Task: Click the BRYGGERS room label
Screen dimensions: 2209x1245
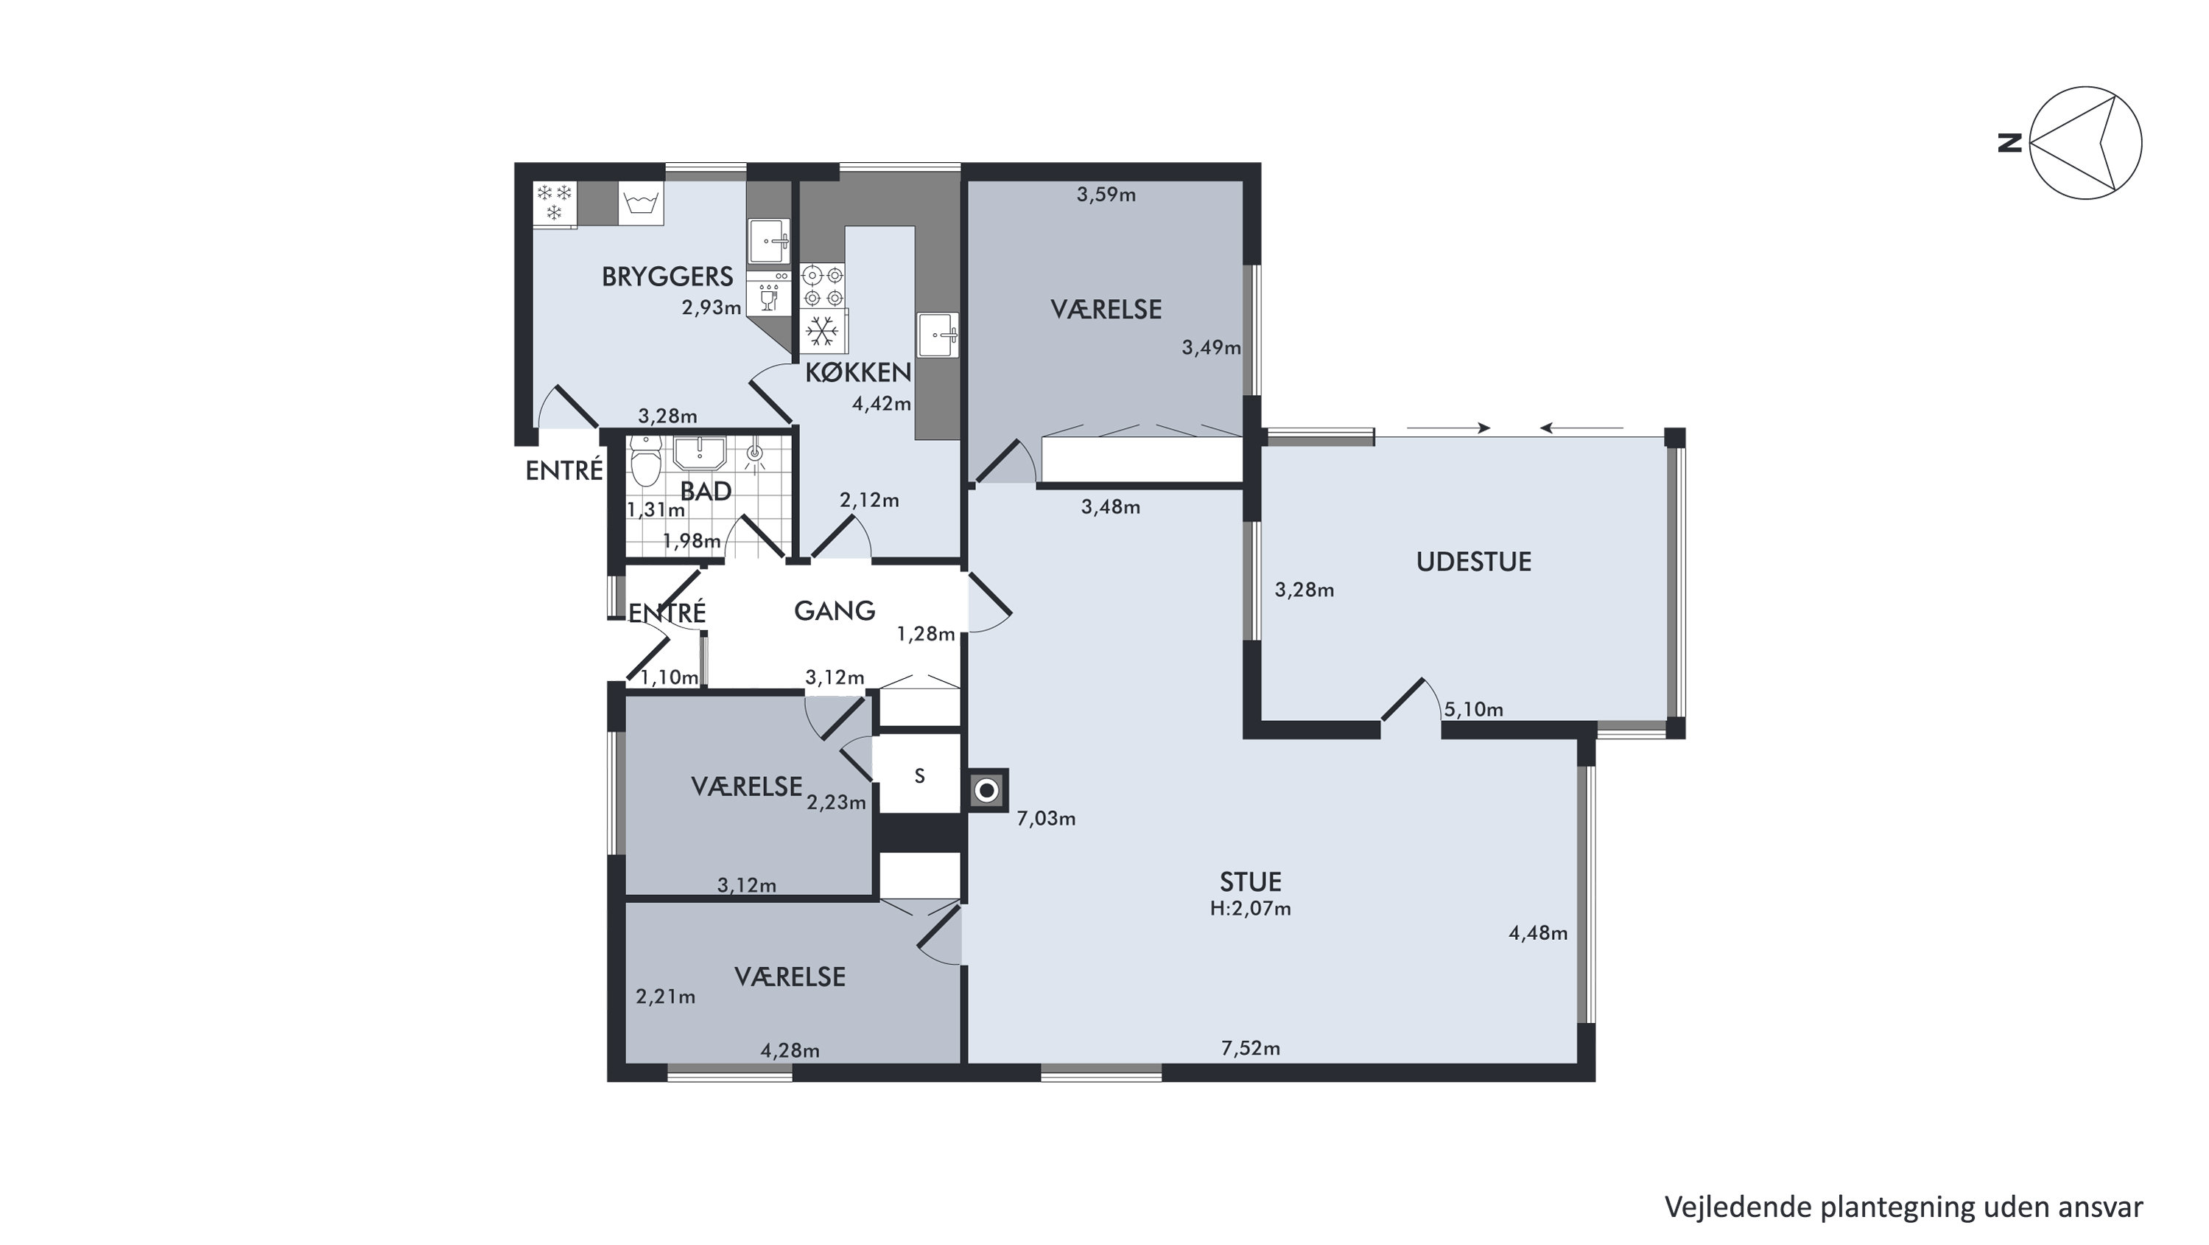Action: pos(667,276)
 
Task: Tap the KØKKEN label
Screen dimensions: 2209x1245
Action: pos(857,372)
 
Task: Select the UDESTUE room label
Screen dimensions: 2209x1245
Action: pos(1473,562)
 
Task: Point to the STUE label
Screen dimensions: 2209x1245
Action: pos(1250,882)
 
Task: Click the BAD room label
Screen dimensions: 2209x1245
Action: pos(706,492)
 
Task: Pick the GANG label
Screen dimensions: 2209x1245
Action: pos(835,611)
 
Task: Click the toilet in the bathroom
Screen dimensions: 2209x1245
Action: pos(645,461)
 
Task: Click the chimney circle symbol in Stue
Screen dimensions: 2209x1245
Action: pos(987,790)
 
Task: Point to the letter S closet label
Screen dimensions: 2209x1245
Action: pos(919,776)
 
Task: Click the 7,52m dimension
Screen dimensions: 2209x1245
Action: pos(1250,1047)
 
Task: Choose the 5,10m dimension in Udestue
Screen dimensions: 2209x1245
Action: pos(1473,710)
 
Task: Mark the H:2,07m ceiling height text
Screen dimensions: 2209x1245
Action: pos(1250,909)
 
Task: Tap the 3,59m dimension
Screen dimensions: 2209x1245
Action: pos(1106,195)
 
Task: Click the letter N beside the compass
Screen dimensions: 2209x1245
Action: pos(2009,142)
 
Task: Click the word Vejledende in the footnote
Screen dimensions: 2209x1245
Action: pos(1738,1207)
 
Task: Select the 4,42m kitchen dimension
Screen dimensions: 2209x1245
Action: pos(882,404)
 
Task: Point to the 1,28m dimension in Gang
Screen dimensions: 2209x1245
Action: pos(926,634)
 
